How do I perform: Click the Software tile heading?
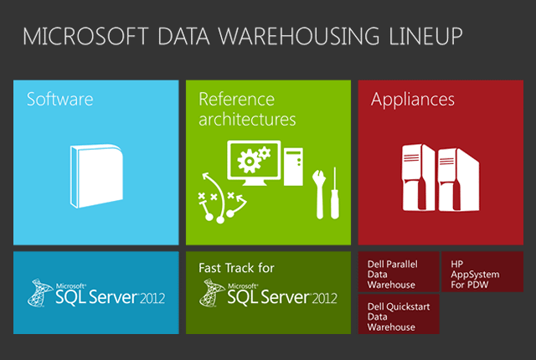coord(60,100)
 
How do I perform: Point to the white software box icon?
coord(96,175)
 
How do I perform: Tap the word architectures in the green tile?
coord(247,120)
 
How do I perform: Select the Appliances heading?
coord(413,100)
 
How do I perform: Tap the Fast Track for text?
coord(236,269)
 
